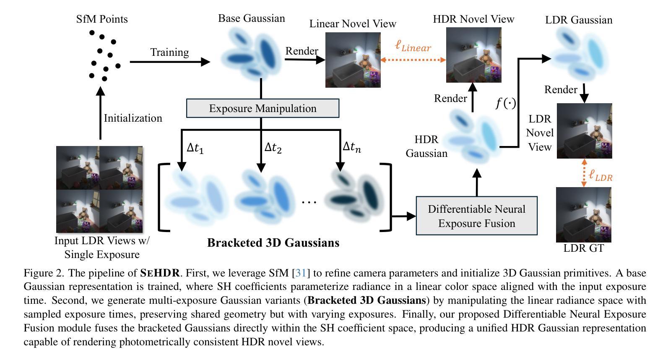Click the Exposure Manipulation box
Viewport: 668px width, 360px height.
263,108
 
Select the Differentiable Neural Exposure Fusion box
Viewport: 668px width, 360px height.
476,216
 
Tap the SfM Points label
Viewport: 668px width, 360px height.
102,19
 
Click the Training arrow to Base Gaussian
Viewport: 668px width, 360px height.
169,62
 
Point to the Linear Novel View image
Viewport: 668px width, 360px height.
353,60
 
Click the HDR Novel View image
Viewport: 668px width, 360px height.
473,55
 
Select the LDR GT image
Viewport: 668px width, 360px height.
583,214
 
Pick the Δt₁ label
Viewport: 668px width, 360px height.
195,148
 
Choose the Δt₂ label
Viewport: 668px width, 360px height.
273,147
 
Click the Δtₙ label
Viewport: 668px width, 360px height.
351,147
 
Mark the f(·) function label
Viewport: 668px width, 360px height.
506,103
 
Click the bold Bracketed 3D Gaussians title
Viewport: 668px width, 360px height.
273,243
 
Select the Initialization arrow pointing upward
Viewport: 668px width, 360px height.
100,113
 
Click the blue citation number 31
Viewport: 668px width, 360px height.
301,273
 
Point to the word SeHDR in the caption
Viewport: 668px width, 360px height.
160,273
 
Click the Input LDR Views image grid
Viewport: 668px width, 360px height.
99,189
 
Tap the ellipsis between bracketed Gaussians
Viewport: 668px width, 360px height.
309,202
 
